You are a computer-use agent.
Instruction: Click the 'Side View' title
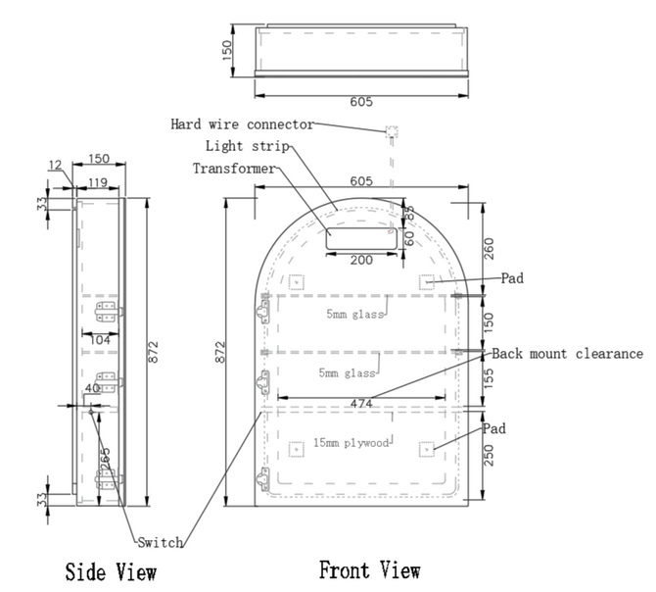(x=111, y=570)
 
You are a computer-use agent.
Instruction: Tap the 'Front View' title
(x=370, y=568)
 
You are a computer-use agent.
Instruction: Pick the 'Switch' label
(x=160, y=542)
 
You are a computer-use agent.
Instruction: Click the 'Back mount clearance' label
(x=568, y=354)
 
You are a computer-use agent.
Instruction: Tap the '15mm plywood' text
(x=351, y=443)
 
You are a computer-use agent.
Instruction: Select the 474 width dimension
(x=362, y=403)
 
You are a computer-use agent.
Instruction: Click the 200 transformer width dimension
(x=361, y=260)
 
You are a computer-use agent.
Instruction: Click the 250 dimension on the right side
(x=492, y=454)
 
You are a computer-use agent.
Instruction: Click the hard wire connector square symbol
(x=392, y=130)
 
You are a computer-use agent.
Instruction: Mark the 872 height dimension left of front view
(x=221, y=349)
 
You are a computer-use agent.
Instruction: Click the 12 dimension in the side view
(x=56, y=165)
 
